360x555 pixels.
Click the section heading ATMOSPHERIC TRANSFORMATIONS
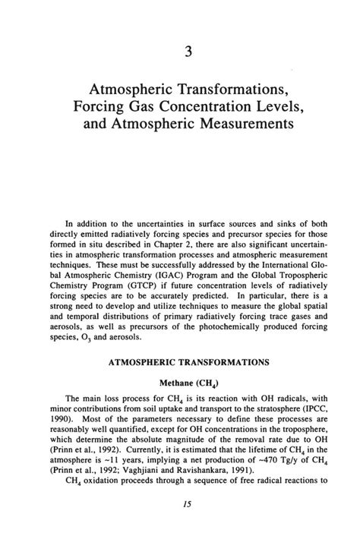tap(180, 363)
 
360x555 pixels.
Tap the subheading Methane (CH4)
tap(180, 383)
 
